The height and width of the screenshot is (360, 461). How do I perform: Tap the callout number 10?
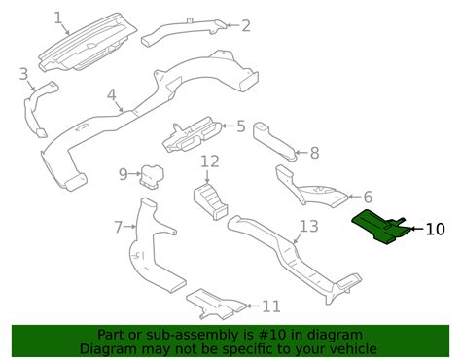coord(435,230)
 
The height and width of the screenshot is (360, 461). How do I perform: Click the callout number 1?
coord(57,17)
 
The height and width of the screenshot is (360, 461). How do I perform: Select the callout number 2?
coord(246,25)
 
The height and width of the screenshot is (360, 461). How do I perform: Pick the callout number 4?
coord(112,95)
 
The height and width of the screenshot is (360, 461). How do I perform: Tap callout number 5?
coord(240,126)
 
